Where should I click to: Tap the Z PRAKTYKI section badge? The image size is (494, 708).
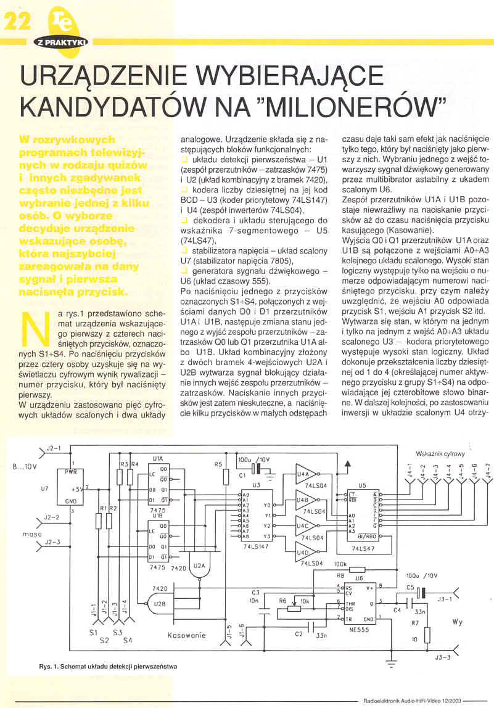pos(62,42)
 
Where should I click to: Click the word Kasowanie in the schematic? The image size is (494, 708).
pos(186,635)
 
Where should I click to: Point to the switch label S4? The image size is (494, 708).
pos(127,640)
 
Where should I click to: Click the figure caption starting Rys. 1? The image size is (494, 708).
pos(108,665)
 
